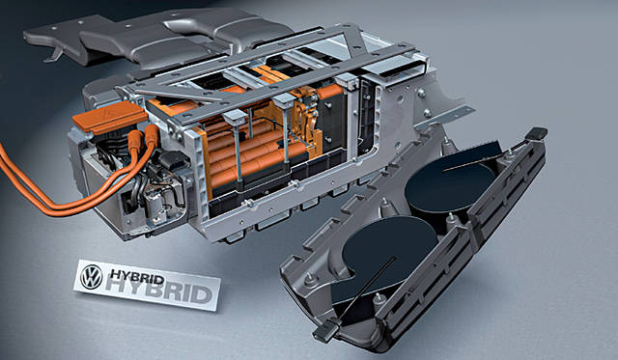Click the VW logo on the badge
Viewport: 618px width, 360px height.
[92, 276]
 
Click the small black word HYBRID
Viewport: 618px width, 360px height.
[137, 276]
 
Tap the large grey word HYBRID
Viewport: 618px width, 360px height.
[159, 291]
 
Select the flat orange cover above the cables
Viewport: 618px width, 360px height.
[110, 117]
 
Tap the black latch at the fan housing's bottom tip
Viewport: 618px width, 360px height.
[326, 331]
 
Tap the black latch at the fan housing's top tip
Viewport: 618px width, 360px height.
[536, 133]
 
